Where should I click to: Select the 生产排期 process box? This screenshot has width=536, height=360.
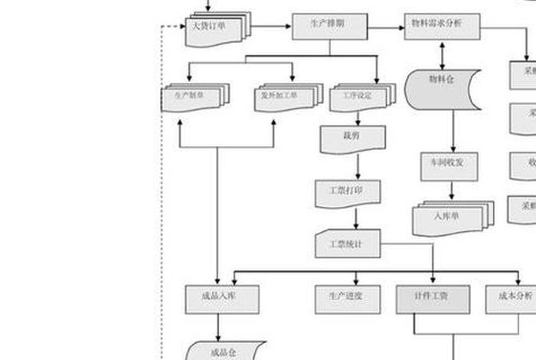[330, 26]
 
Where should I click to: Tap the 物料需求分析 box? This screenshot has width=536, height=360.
[443, 25]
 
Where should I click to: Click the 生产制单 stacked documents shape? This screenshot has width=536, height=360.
[194, 98]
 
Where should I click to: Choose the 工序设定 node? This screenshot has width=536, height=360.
[361, 98]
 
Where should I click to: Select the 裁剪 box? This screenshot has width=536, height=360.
[352, 138]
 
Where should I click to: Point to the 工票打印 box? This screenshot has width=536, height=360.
[348, 191]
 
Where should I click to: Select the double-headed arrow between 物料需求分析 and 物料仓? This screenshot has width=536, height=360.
[443, 54]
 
